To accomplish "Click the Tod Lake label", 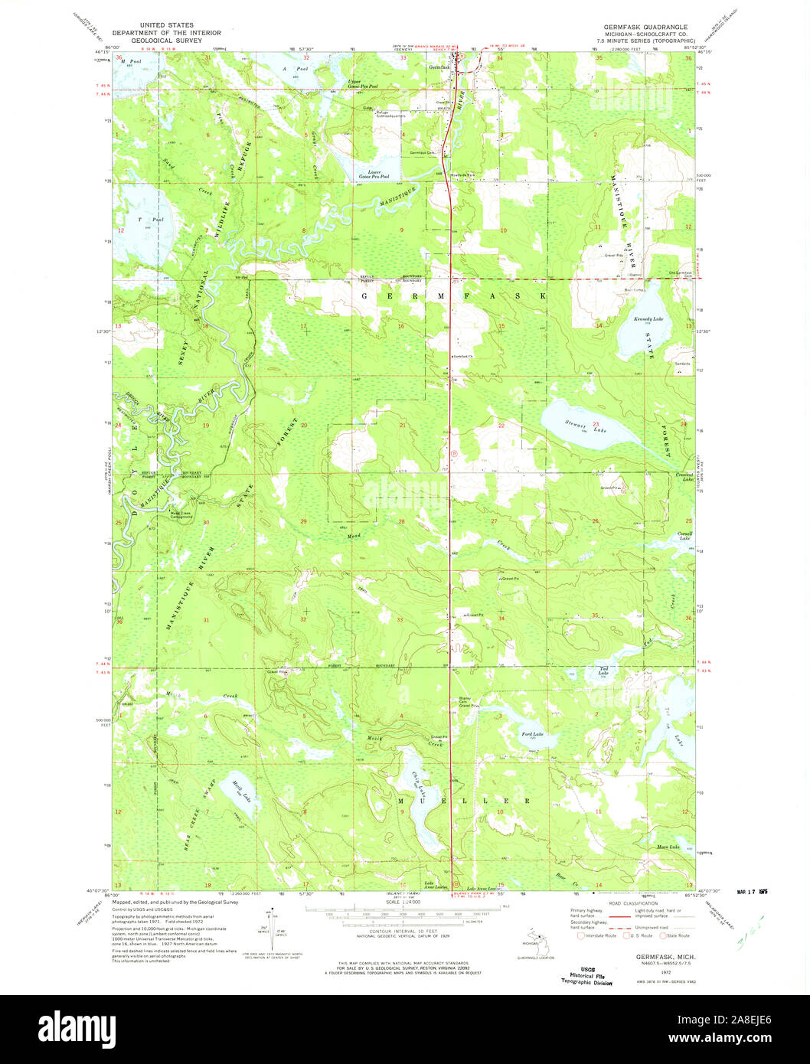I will pyautogui.click(x=603, y=673).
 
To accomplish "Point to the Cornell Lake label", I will pyautogui.click(x=684, y=535).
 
